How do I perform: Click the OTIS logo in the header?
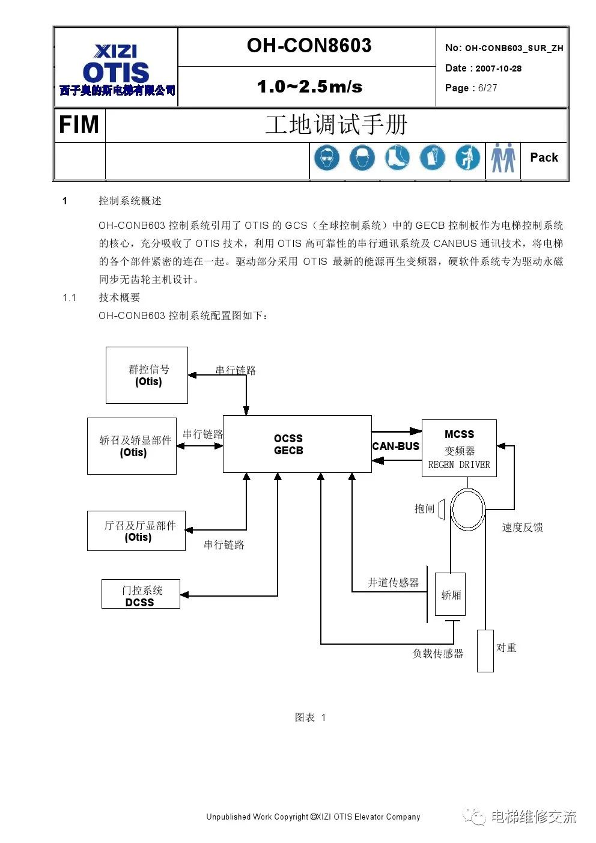click(x=117, y=72)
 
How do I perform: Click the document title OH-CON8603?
click(x=309, y=46)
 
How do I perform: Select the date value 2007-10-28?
click(x=498, y=68)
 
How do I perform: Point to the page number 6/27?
click(x=487, y=88)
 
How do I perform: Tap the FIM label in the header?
click(x=79, y=125)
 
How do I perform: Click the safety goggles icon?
click(x=326, y=159)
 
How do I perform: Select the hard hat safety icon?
click(x=362, y=159)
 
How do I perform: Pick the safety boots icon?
click(x=397, y=159)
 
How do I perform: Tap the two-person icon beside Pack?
click(x=503, y=159)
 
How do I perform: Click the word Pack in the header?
click(x=544, y=157)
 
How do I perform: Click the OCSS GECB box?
click(x=297, y=444)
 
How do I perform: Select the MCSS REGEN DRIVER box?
click(x=459, y=448)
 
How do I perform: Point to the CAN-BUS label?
click(x=395, y=446)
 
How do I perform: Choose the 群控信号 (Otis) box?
click(x=147, y=375)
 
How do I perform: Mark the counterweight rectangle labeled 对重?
click(x=485, y=650)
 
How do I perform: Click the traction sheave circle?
click(x=467, y=509)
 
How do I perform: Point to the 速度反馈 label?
click(x=522, y=527)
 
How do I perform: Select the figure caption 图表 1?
click(x=310, y=717)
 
